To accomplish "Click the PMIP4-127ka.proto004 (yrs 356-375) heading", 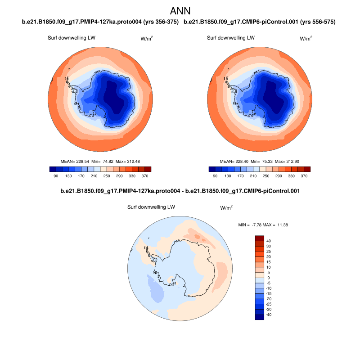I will pyautogui.click(x=100, y=22).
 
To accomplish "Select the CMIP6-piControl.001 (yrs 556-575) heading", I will pyautogui.click(x=260, y=22).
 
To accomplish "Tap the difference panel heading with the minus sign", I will pyautogui.click(x=180, y=191).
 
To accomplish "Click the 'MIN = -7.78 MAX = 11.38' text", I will pyautogui.click(x=263, y=224).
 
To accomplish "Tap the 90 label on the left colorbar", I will pyautogui.click(x=56, y=176).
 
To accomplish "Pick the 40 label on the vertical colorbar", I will pyautogui.click(x=268, y=241).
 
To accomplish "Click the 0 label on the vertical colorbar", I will pyautogui.click(x=268, y=278).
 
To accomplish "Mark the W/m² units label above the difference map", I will pyautogui.click(x=226, y=207).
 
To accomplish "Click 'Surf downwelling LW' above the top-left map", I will pyautogui.click(x=71, y=38).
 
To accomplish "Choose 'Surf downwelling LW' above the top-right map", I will pyautogui.click(x=230, y=38).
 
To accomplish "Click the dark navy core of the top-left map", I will pyautogui.click(x=114, y=97).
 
